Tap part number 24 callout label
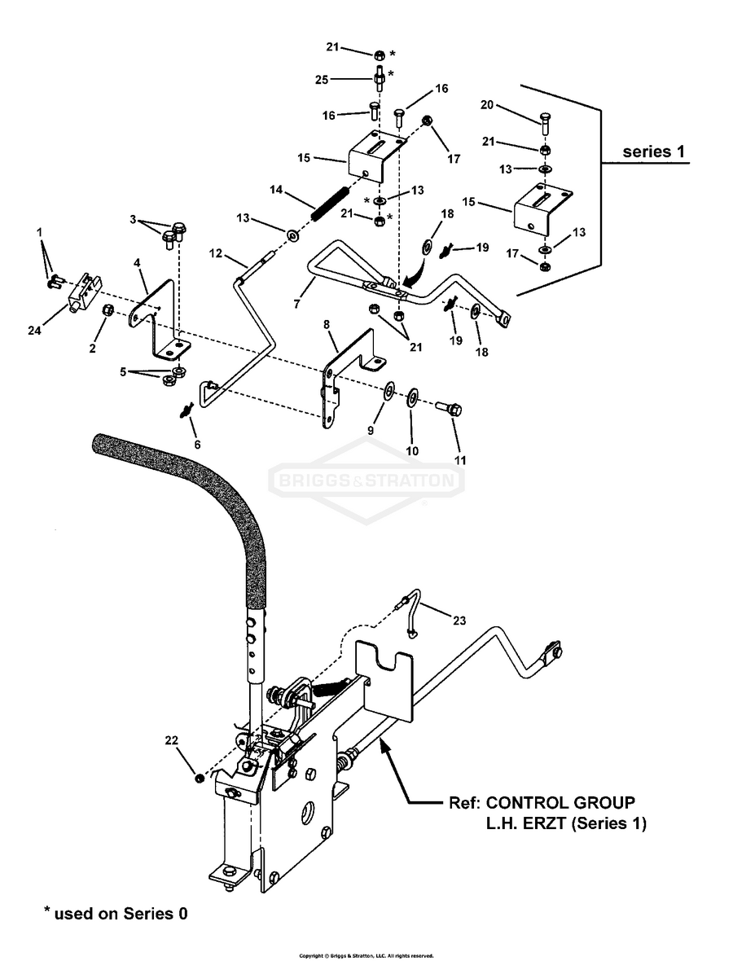tap(34, 331)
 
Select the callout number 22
tap(172, 740)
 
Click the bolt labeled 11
tap(450, 408)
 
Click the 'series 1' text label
tap(653, 151)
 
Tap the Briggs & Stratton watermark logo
tap(366, 480)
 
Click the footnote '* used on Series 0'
tap(116, 913)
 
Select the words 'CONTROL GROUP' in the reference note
tap(560, 802)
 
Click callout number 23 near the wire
tap(459, 621)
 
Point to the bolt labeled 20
tap(543, 122)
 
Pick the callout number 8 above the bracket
tap(326, 324)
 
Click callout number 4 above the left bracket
tap(137, 263)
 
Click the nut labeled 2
tap(105, 310)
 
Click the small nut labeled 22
tap(199, 779)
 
